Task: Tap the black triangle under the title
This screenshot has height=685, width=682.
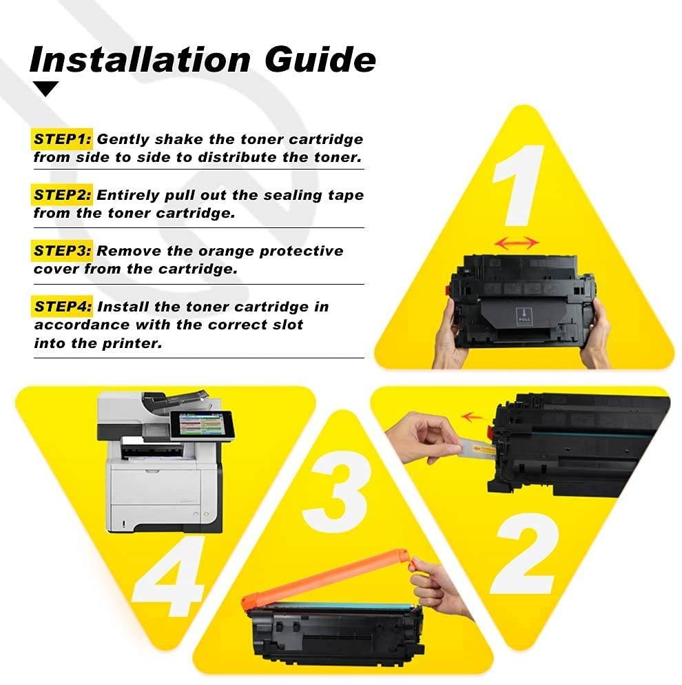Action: pos(46,89)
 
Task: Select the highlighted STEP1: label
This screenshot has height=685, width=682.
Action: pos(63,139)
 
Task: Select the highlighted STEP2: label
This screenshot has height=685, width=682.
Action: pos(63,195)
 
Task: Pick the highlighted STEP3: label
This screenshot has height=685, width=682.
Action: pos(63,251)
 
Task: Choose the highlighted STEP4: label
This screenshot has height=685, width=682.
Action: pos(63,307)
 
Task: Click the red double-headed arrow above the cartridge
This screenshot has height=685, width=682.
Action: pos(517,243)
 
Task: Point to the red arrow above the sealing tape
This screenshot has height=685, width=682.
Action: pos(472,416)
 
